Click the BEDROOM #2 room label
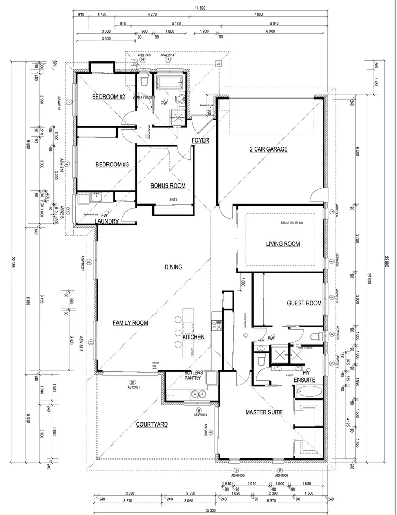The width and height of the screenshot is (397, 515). coord(108,97)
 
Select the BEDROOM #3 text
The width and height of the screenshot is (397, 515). coord(112,165)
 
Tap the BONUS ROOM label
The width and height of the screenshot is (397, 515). coord(168,186)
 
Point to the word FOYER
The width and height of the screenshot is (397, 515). coord(200,140)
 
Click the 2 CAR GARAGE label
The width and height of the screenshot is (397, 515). coord(268,149)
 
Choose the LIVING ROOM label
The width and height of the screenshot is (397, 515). coord(283,244)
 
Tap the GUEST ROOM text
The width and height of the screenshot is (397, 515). coord(304,304)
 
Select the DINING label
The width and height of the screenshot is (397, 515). coord(173,267)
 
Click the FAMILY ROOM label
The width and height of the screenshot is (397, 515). coord(130,323)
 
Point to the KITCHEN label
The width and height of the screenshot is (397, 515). coord(193,338)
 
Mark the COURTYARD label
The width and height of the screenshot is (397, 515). coord(151,425)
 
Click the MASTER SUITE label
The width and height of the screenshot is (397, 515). coord(264,412)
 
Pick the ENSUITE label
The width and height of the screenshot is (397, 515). coord(304,380)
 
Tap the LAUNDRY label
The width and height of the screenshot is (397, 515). coord(106,221)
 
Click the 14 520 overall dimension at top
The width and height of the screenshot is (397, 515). coord(200,8)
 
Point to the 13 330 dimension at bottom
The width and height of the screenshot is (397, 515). coord(210,510)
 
